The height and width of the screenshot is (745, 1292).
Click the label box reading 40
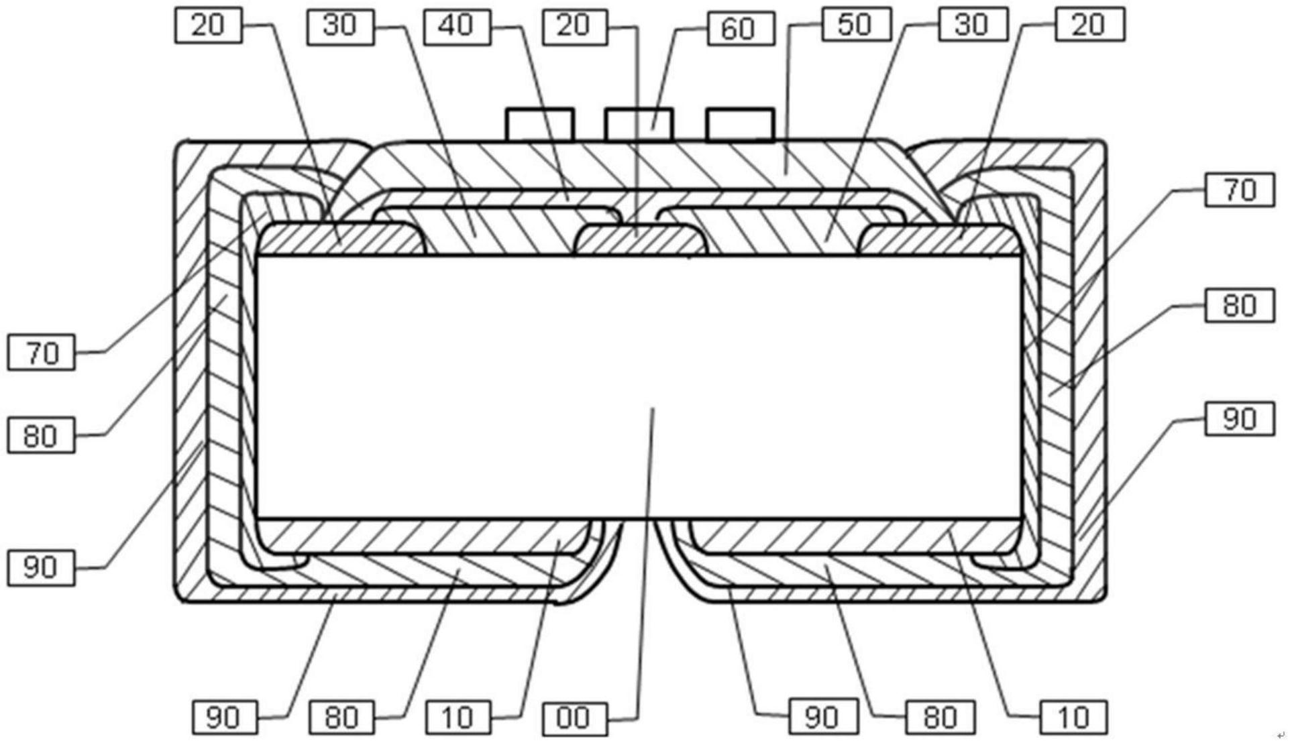pos(457,26)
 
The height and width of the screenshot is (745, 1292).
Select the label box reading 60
pos(741,29)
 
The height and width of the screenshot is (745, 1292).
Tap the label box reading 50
pos(856,25)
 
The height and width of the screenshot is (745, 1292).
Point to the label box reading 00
pos(574,718)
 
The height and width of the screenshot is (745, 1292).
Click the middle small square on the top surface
pos(639,125)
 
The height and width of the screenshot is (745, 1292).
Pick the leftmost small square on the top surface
pos(540,125)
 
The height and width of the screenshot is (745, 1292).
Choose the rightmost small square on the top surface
pos(740,125)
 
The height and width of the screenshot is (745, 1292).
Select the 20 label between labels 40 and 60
pos(574,26)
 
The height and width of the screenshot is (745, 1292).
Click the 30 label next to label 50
pos(972,25)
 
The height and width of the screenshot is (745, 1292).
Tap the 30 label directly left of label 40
pos(340,26)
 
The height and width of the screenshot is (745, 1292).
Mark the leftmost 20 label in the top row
pos(208,26)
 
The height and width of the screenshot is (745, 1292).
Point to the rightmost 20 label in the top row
pos(1089,25)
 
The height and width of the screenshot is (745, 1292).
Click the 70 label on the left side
pos(42,353)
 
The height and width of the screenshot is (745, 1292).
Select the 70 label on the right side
pos(1239,190)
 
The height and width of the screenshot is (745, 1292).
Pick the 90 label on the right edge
pos(1239,419)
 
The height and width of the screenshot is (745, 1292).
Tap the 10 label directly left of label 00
pos(458,718)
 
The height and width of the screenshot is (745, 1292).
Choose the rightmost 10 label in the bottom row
pos(1073,718)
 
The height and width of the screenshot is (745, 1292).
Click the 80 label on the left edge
pos(42,437)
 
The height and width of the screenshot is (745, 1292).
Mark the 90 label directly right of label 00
pos(822,718)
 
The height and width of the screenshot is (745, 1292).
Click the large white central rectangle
pos(639,387)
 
